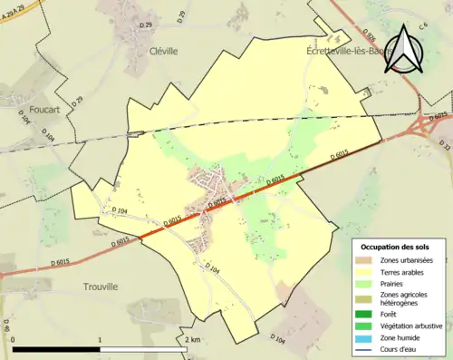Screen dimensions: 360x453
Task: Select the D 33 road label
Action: pos(444,145)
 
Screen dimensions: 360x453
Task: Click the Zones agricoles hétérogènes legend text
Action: pos(405,299)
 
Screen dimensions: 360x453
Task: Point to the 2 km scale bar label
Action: pos(192,339)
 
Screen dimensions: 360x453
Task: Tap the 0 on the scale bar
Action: pos(13,339)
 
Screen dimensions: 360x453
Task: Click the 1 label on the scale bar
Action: pos(100,339)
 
